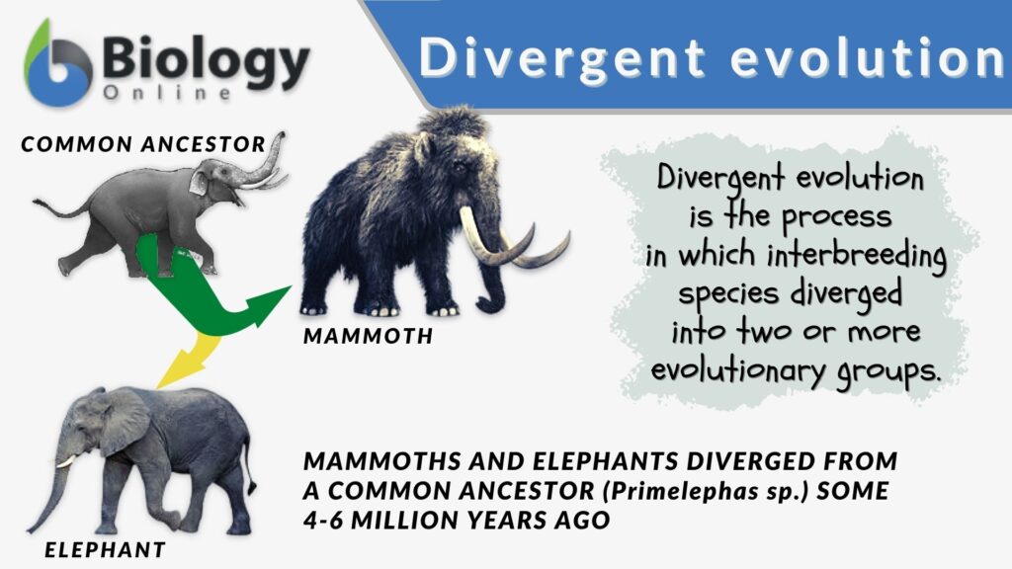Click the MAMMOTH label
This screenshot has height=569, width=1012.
pos(368,336)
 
